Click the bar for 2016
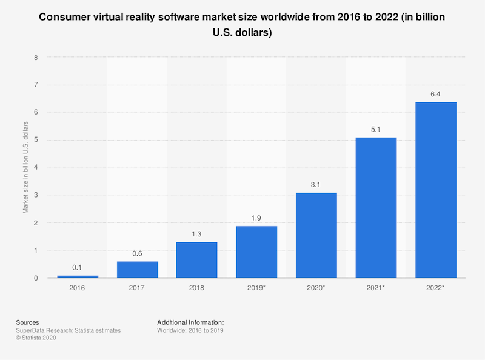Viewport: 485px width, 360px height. pos(78,276)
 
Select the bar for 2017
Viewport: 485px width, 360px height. pos(138,270)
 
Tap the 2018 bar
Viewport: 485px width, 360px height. pos(197,260)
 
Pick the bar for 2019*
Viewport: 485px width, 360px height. pos(256,252)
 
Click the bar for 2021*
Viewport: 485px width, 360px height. pos(376,208)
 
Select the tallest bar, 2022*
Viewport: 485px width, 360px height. pos(435,190)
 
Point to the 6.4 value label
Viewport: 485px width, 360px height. pos(435,94)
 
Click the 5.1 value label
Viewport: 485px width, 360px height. pos(376,130)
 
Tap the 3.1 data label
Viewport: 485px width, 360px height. pos(316,185)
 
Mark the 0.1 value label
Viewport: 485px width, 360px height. pos(78,268)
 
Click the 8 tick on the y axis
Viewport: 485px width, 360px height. pos(36,58)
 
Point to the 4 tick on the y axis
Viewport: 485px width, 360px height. pos(36,168)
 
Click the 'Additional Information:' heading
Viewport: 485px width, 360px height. pos(190,322)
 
